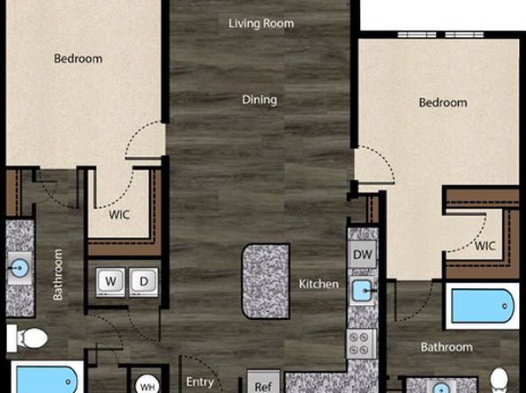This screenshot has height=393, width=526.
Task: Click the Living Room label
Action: coord(261,24)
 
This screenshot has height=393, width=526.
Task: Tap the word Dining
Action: coord(259,100)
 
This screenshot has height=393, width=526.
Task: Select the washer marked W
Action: coord(110,282)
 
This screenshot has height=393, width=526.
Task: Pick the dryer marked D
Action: coord(144,282)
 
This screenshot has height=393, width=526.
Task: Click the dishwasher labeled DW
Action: coord(363,255)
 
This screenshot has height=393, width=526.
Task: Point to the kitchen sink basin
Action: coord(362,291)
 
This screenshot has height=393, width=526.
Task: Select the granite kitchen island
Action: coord(266,281)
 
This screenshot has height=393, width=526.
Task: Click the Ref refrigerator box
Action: coord(263,382)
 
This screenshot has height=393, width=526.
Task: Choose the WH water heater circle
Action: coord(147,384)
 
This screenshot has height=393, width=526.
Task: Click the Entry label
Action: coord(200,382)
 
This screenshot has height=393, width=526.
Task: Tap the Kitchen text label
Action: coord(319,284)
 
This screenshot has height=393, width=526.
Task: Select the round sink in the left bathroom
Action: coord(19,268)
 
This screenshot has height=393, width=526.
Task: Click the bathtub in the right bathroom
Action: coord(483,307)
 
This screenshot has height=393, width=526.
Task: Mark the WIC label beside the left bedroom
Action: coord(119,215)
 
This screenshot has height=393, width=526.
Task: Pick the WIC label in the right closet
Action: coord(485,246)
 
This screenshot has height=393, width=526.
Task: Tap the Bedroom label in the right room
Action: coord(443,102)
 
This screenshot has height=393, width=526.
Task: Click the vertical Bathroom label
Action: coord(57,275)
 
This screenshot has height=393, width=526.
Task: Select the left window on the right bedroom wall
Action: coord(417,34)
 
